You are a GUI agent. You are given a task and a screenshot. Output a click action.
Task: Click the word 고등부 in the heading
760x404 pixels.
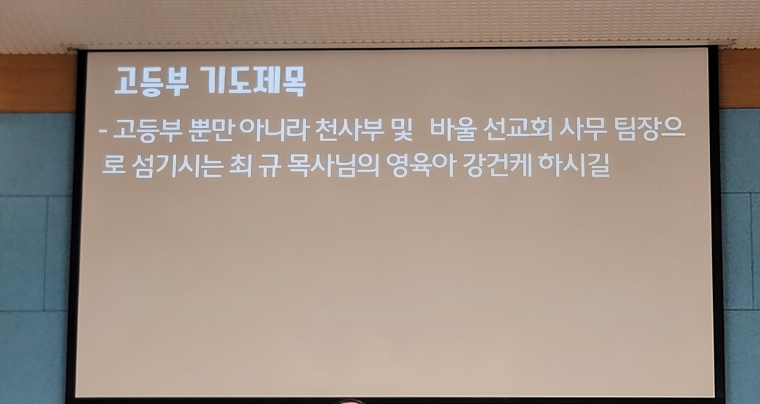151,82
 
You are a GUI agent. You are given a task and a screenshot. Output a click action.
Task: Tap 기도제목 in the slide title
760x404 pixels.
253,82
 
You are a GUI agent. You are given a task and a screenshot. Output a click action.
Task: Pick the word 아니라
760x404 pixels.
274,130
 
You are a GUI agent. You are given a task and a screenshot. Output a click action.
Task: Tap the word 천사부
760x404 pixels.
350,130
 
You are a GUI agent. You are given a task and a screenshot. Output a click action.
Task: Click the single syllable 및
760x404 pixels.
402,130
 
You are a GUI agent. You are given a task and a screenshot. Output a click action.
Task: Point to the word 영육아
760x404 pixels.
421,166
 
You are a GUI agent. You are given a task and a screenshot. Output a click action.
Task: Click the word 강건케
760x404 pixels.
497,166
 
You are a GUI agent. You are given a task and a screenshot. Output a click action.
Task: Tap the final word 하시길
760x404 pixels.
574,166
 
